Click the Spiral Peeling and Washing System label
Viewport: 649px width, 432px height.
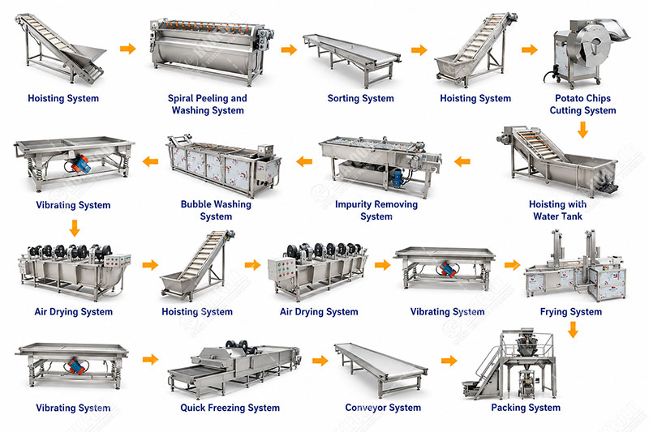(x=208, y=105)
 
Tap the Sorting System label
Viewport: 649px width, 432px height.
(x=360, y=98)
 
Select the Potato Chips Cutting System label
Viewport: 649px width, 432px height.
(x=582, y=105)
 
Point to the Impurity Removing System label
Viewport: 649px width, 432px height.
(x=376, y=211)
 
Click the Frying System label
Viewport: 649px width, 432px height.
(x=571, y=312)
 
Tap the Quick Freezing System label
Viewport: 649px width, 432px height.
(x=230, y=408)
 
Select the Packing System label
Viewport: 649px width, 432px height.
(x=526, y=408)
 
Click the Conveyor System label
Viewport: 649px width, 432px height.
(x=383, y=408)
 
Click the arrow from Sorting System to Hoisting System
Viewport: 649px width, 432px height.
(x=419, y=50)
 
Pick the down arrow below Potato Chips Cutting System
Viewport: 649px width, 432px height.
(x=582, y=130)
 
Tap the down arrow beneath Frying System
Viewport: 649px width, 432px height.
(x=573, y=330)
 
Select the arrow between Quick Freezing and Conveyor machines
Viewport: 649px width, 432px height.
(x=320, y=361)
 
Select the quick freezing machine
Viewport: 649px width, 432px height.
(x=234, y=368)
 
